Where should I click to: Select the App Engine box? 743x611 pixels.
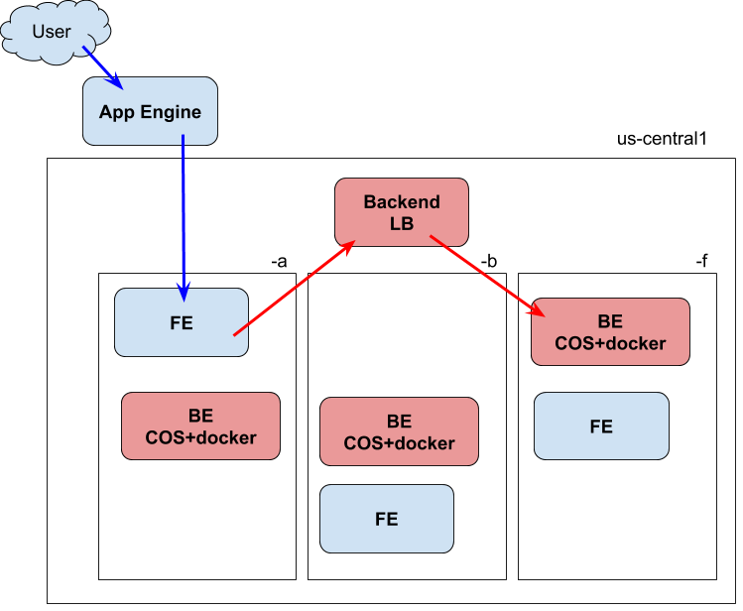click(150, 111)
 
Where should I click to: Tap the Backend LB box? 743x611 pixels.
click(402, 212)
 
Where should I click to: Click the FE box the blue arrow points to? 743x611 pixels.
click(182, 322)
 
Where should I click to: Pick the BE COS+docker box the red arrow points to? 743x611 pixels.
click(610, 332)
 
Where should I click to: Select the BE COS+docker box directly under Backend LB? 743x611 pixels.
click(399, 431)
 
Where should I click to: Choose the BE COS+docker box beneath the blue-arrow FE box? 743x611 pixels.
click(200, 427)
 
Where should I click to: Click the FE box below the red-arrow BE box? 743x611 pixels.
click(601, 427)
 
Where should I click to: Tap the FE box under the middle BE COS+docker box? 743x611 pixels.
click(387, 519)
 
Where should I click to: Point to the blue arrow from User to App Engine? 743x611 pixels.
click(101, 65)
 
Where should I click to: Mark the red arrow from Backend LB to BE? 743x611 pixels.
click(486, 274)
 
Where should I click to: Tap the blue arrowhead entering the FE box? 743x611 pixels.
click(184, 293)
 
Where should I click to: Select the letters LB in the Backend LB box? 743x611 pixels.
click(402, 223)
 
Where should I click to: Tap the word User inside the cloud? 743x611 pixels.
click(52, 32)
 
